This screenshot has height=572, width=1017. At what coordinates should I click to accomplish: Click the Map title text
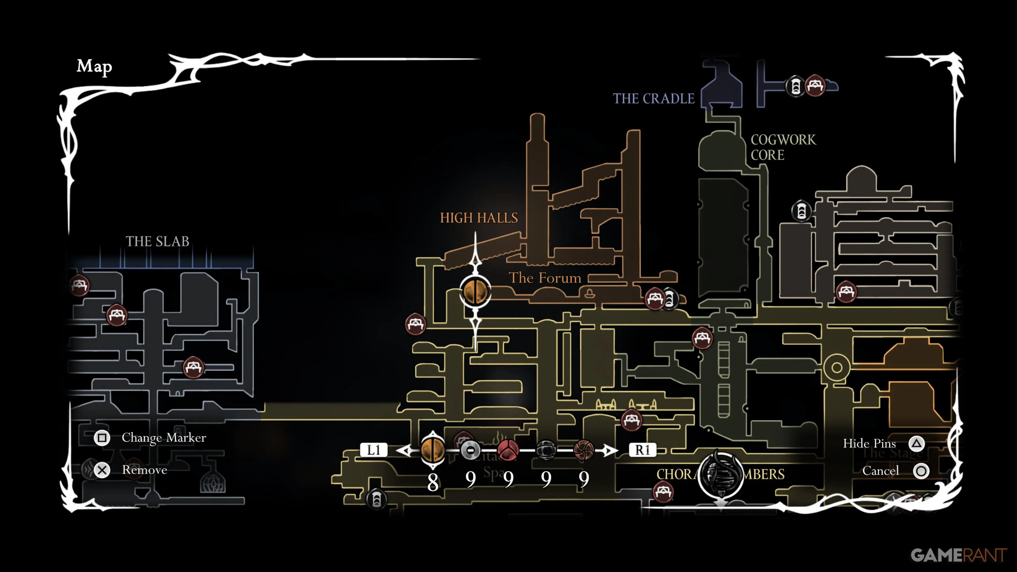[94, 66]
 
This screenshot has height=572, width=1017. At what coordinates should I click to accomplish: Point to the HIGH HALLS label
[479, 218]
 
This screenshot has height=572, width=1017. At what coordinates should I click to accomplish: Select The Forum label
[545, 278]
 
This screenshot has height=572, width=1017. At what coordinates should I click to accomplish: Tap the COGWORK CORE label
[783, 147]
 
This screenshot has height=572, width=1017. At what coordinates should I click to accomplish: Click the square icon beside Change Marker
[102, 438]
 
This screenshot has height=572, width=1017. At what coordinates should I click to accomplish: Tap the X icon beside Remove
[102, 470]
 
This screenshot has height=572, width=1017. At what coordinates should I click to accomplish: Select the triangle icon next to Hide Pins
[916, 444]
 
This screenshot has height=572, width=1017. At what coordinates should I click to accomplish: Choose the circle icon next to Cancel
[921, 471]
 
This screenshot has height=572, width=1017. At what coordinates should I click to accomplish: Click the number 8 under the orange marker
[433, 482]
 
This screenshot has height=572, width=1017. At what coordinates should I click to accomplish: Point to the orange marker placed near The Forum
[475, 291]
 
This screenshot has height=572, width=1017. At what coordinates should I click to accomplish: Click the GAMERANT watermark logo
[958, 555]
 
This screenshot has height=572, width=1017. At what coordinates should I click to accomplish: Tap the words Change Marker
[163, 438]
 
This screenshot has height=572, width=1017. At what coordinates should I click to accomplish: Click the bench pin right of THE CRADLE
[815, 85]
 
